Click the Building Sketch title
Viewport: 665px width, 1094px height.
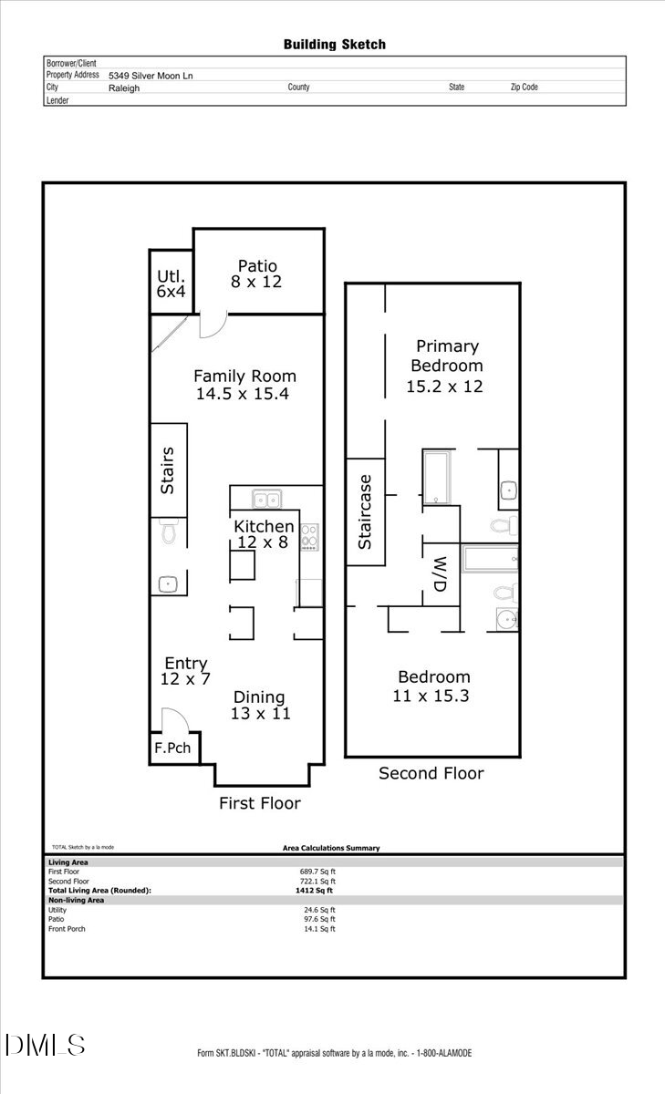(334, 44)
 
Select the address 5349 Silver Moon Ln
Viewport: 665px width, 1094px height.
(151, 76)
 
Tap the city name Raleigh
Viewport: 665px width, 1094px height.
(124, 88)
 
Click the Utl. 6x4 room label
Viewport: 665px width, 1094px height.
(171, 284)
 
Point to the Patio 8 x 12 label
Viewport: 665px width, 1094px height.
(255, 273)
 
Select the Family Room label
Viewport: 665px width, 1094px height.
(244, 385)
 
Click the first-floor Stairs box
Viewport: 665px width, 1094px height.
(168, 470)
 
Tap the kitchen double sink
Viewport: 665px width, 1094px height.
(267, 499)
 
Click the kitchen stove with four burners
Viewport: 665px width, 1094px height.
(309, 536)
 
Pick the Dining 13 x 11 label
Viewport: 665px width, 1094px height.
(260, 706)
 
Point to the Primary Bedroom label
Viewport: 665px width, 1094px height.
(446, 366)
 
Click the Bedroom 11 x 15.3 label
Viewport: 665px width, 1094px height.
(433, 686)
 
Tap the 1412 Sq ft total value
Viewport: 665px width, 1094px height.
(310, 891)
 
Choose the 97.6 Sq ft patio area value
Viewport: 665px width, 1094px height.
(319, 919)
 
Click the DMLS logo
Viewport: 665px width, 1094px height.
(46, 1045)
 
